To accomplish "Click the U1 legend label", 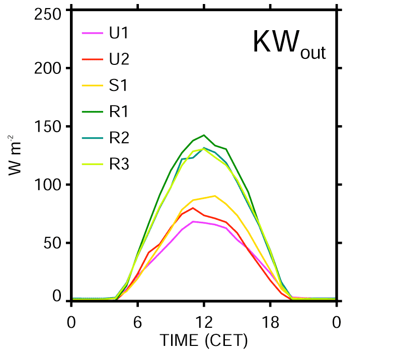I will (x=119, y=35).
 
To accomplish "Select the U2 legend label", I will (x=119, y=60).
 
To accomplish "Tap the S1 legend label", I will (x=118, y=85).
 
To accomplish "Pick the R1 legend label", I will (x=119, y=112).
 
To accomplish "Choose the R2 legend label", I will (x=119, y=138).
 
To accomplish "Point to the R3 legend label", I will (x=119, y=164).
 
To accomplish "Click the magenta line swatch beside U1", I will (x=92, y=35).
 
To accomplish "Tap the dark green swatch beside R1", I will (x=92, y=112).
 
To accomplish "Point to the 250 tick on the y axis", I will (x=49, y=14).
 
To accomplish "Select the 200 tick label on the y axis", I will (x=49, y=69).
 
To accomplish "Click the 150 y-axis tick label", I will (x=49, y=127).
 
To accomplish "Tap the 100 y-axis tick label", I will (x=49, y=185).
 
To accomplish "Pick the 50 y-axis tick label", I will (x=52, y=242).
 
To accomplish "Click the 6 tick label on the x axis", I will (x=137, y=322).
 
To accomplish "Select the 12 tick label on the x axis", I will (x=204, y=322).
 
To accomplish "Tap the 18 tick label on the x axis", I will (x=270, y=322).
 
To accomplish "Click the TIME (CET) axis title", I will (x=204, y=341).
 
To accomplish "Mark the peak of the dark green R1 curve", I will (x=204, y=135).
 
